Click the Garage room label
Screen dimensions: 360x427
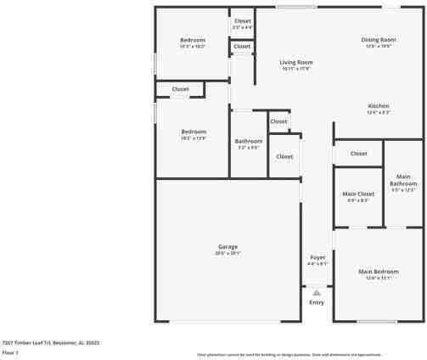coord(227,246)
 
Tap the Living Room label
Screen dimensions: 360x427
coord(297,62)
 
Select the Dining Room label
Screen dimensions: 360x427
coord(379,40)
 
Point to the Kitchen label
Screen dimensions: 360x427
coord(379,105)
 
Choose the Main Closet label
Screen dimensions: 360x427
coord(358,194)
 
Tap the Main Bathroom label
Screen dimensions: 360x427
coord(403,180)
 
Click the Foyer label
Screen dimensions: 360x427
coord(317,256)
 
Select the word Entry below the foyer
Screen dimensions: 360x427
coord(317,302)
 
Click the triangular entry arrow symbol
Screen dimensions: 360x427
coord(317,292)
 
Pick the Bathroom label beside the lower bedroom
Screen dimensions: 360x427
coord(249,141)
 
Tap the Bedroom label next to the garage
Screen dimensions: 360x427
coord(194,132)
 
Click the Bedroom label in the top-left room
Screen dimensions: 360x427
coord(193,40)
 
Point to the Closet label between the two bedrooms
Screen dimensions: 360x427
coord(181,88)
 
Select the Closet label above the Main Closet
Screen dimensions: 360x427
coord(359,154)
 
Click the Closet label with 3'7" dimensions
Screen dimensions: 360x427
coord(243,21)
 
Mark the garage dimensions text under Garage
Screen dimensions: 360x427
coord(228,253)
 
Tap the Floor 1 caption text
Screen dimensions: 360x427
coord(10,351)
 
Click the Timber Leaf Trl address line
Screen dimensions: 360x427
coord(51,342)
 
